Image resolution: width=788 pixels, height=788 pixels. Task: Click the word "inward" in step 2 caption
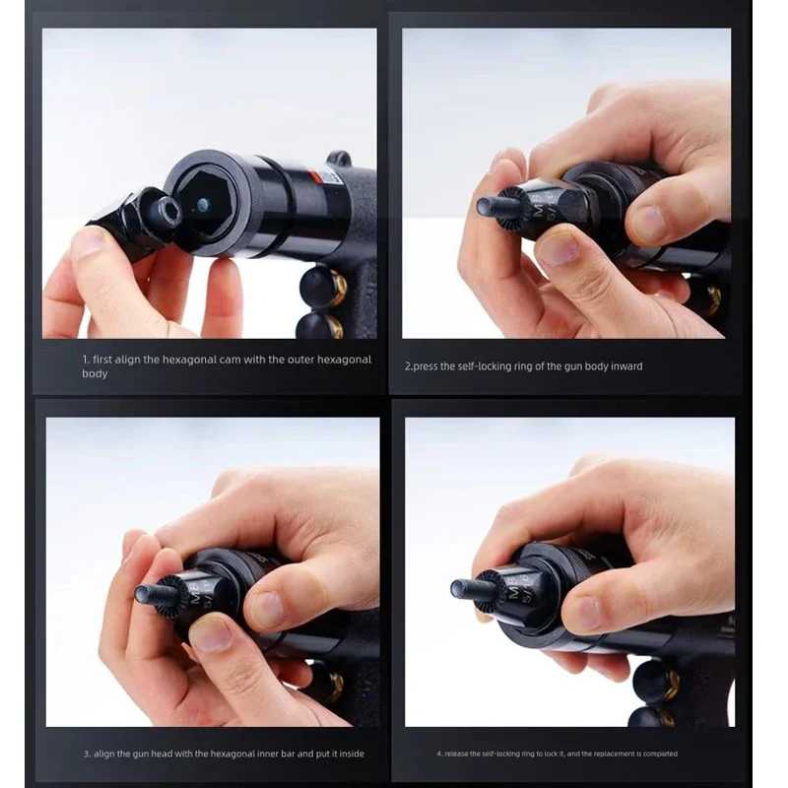point(626,366)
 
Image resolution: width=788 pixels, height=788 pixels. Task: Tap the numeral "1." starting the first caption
point(86,360)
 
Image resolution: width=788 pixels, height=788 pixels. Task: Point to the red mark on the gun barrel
point(314,177)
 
